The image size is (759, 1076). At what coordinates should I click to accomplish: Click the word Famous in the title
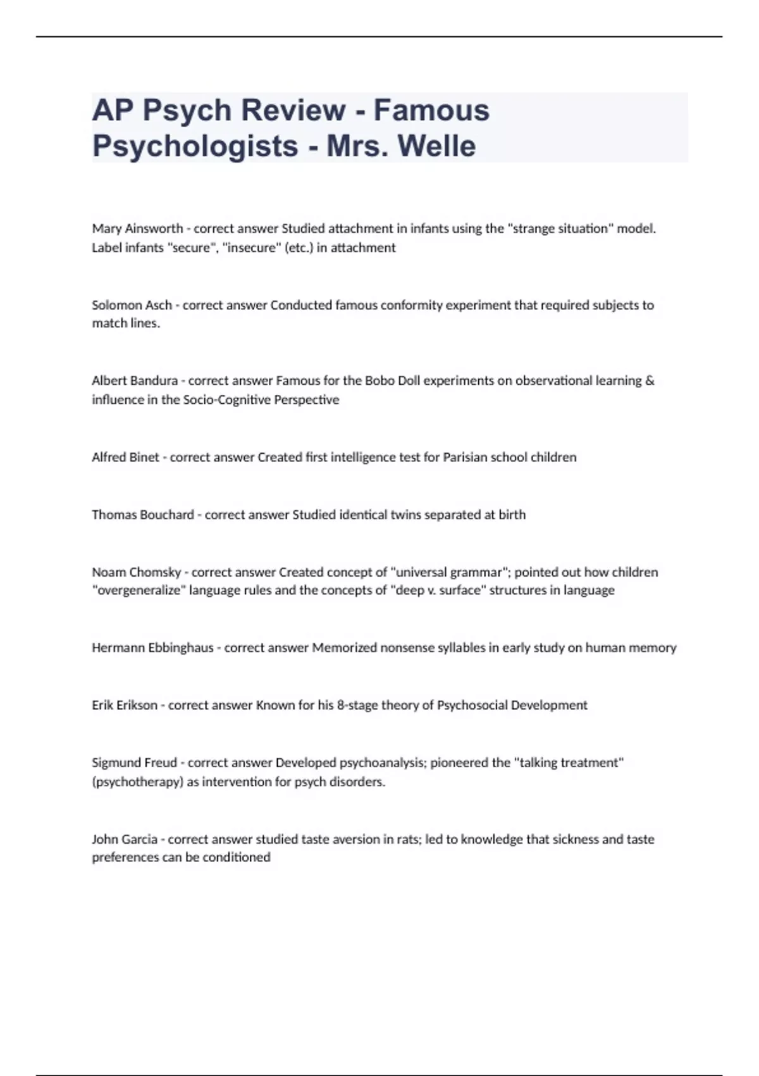click(x=431, y=110)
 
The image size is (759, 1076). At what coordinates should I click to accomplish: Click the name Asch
click(x=159, y=305)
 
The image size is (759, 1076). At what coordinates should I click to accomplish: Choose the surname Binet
click(x=144, y=457)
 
